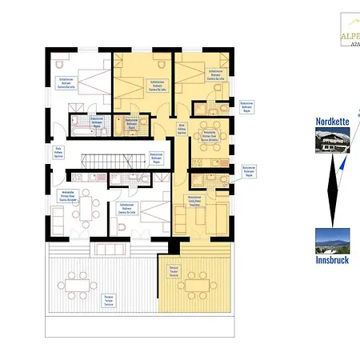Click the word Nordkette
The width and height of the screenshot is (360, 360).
point(332,122)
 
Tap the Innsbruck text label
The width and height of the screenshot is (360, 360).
point(331,259)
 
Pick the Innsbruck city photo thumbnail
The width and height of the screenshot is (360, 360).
point(331,240)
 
